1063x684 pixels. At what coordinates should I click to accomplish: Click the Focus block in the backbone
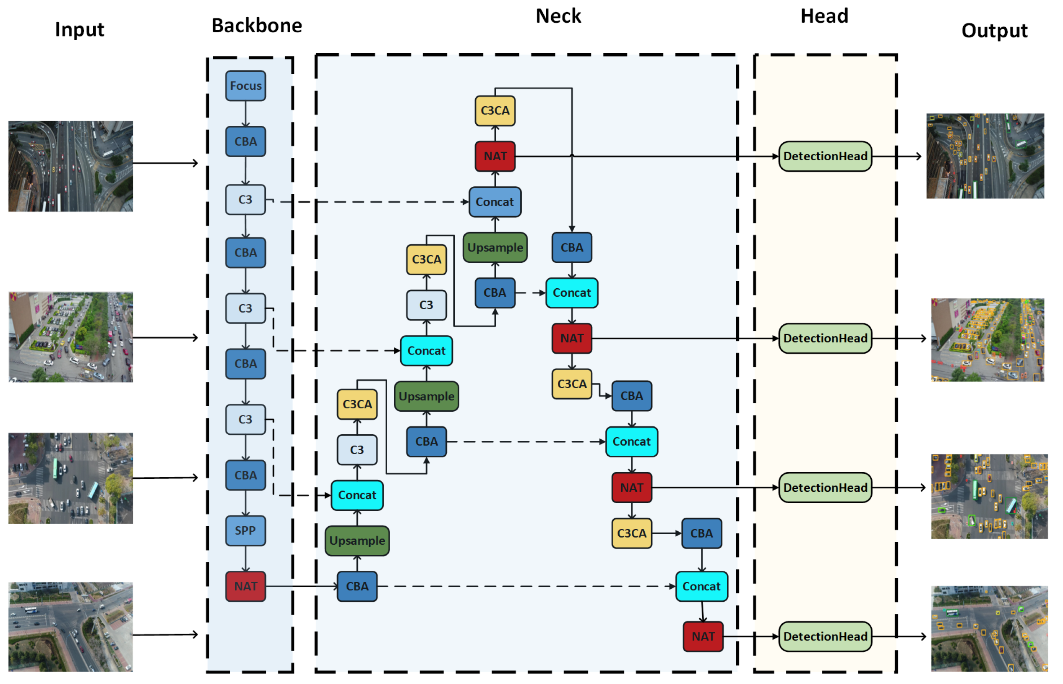pos(245,86)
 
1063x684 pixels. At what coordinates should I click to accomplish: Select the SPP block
pos(245,531)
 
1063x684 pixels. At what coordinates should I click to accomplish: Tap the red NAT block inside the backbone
pos(245,586)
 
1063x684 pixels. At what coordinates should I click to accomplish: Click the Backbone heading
pos(257,26)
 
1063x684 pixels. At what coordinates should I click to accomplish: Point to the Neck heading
pos(558,16)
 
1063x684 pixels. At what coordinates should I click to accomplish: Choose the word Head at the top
pos(824,16)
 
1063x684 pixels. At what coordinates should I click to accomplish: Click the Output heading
pos(994,31)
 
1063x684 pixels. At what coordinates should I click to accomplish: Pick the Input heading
pos(79,30)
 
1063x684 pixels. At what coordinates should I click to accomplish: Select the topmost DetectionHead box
pos(825,157)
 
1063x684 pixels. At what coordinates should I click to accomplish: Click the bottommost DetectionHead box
pos(825,637)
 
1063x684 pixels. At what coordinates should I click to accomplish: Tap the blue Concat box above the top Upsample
pos(495,202)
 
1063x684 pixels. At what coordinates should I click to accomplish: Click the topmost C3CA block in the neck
pos(495,111)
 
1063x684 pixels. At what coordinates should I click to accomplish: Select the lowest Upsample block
pos(357,541)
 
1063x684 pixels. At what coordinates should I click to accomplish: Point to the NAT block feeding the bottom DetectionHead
pos(703,637)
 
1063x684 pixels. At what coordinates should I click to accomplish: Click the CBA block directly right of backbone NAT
pos(357,586)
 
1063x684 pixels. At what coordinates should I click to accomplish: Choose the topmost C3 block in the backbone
pos(245,200)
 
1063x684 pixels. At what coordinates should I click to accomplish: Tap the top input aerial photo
pos(70,166)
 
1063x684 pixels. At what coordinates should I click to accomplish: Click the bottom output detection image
pos(989,629)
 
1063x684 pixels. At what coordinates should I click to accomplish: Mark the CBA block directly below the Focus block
pos(245,142)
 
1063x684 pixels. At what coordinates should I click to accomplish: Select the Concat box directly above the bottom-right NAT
pos(701,586)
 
